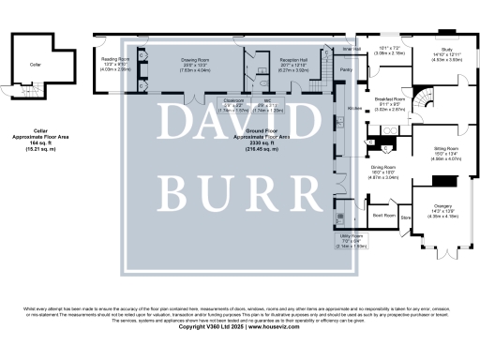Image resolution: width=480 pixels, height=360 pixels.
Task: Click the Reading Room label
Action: pos(115,58)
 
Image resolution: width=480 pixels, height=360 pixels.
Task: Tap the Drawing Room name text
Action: pos(168,58)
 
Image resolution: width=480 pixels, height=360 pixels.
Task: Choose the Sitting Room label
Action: pos(445,149)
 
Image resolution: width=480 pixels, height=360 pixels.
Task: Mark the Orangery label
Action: pos(443,205)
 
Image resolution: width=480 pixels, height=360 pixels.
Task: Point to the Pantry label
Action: pos(346,71)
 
